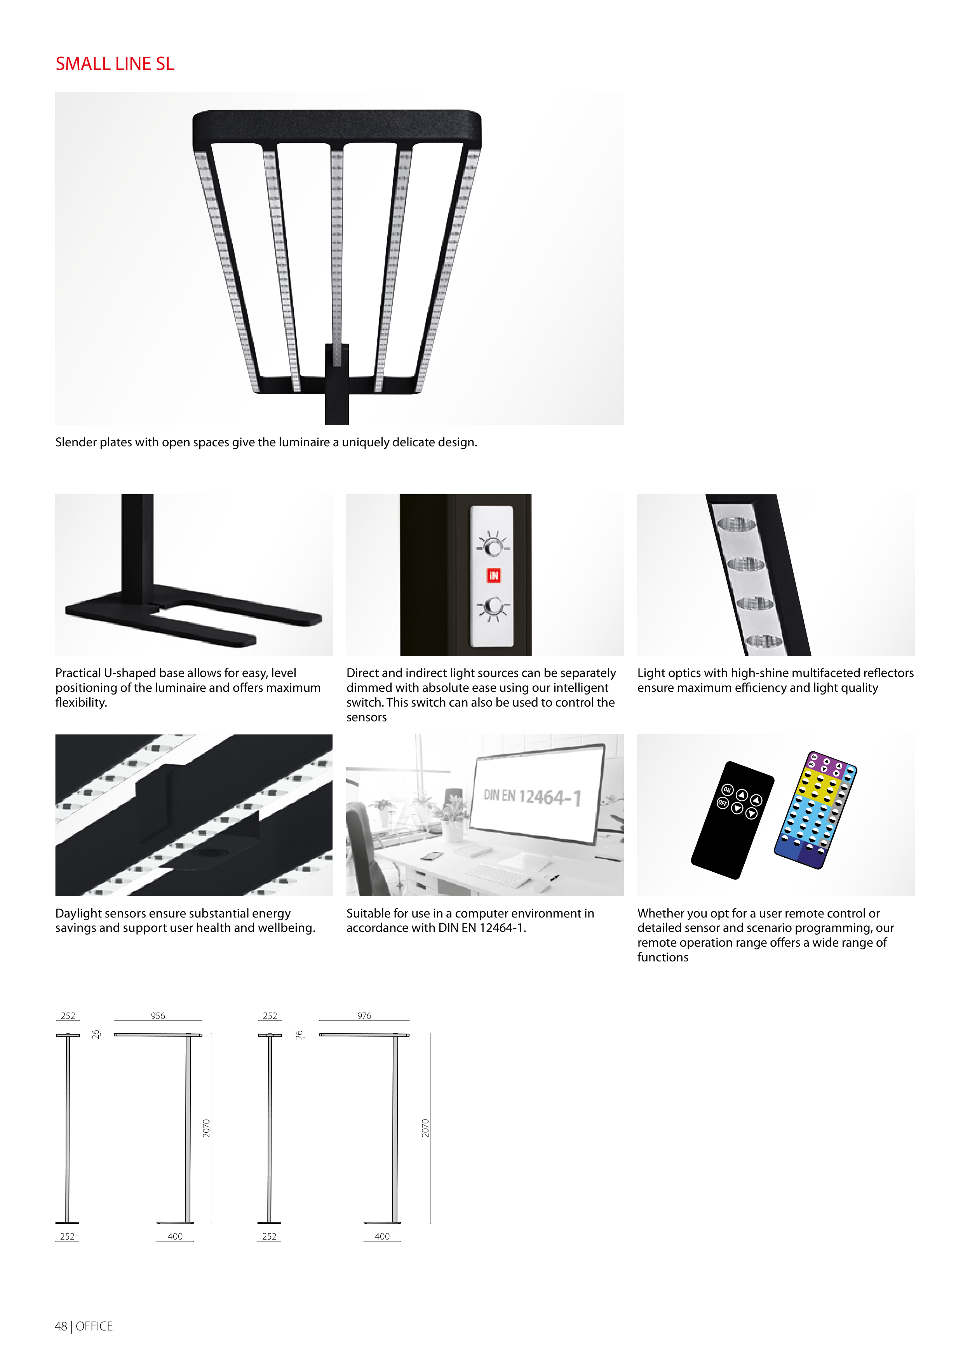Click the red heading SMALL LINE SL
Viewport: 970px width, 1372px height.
point(115,64)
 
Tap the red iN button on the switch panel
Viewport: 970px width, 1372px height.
point(493,575)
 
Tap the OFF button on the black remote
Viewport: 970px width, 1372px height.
point(723,803)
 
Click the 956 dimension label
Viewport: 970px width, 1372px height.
point(158,1016)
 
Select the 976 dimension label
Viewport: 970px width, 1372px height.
point(364,1016)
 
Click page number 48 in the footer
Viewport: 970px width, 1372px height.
point(61,1326)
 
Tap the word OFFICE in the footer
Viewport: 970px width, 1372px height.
point(94,1326)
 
